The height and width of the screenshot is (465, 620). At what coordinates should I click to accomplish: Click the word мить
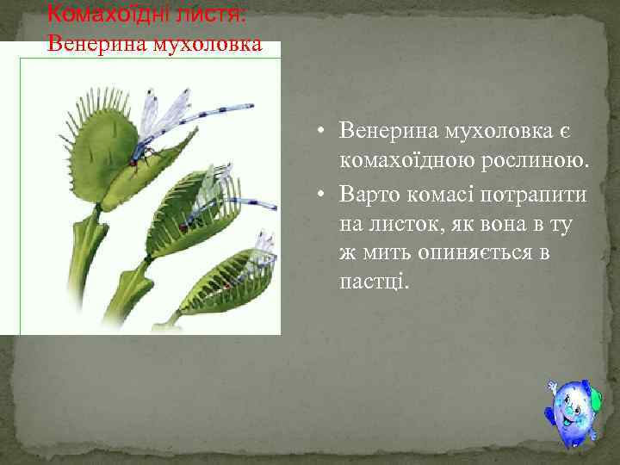click(x=385, y=255)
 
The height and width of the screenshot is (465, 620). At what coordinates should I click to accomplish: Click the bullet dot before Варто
click(x=319, y=194)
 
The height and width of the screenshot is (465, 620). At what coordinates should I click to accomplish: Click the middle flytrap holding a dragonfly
click(x=194, y=215)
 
